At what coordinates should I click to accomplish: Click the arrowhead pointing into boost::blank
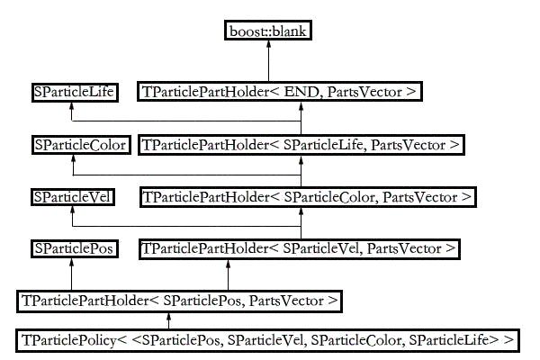tap(268, 44)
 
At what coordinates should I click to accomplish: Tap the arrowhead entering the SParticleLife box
tap(71, 105)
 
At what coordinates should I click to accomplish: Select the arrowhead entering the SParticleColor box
tap(73, 158)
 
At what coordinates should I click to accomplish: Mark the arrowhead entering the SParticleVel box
tap(72, 210)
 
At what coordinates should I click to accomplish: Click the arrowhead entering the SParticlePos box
tap(71, 262)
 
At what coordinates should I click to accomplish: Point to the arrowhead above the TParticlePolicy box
tap(168, 316)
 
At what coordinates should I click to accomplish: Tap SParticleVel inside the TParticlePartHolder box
tap(321, 248)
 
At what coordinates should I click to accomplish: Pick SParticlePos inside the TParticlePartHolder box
tap(202, 301)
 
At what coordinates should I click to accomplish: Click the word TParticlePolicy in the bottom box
tap(69, 340)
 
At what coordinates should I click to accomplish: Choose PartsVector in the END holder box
tap(364, 92)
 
